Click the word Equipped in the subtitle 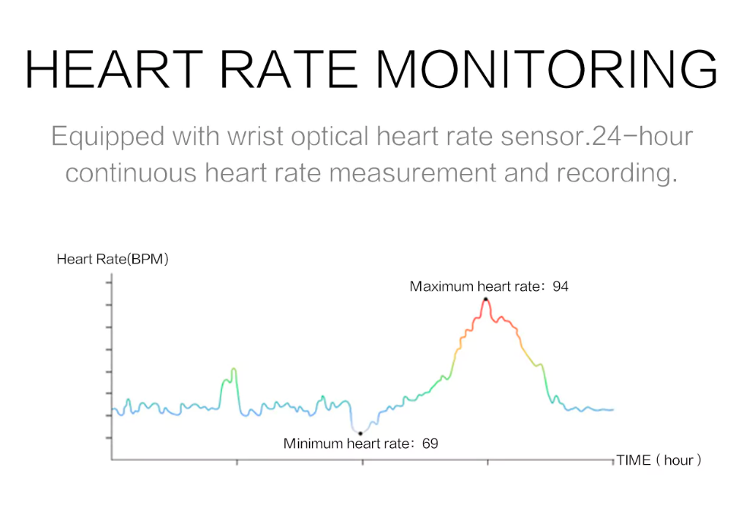pos(107,137)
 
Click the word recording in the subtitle pos(615,172)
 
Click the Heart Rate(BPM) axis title pos(113,259)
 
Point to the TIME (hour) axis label pos(659,460)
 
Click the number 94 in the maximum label pos(561,286)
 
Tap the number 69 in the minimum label pos(430,443)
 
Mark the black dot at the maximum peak pos(485,298)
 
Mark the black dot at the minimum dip pos(361,433)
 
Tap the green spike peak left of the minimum pos(233,370)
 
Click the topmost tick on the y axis pos(110,282)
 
